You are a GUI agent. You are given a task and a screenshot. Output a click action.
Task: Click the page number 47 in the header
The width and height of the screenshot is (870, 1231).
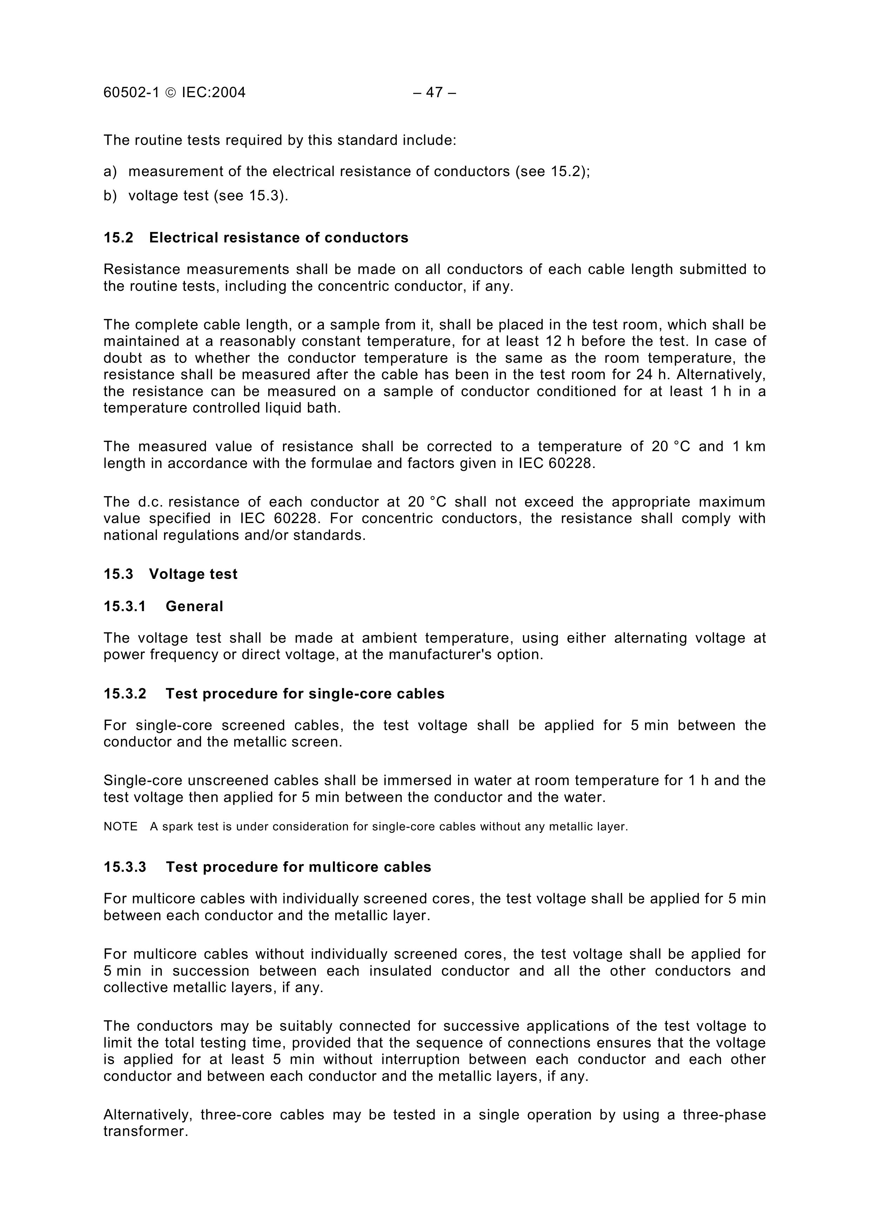point(434,93)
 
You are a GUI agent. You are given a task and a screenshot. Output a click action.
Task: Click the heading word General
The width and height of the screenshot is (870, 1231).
point(194,607)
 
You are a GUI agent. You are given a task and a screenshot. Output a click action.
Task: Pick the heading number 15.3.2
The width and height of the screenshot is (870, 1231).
point(125,694)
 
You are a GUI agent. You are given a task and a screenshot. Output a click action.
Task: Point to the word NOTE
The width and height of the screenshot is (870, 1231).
point(121,827)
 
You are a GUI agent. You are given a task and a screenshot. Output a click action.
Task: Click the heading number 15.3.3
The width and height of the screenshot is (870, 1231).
point(125,868)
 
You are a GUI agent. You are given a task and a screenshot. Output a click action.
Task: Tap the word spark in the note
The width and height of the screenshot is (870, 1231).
point(178,827)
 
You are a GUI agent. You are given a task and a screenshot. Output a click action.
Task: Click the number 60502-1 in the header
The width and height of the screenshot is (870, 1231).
point(131,93)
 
